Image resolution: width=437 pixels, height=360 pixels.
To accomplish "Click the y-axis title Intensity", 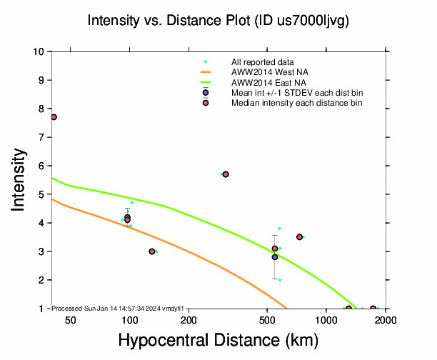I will click(20, 179).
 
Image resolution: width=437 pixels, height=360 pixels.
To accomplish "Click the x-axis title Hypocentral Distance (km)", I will click(218, 340).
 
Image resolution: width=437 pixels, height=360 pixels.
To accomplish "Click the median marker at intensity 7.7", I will click(54, 117).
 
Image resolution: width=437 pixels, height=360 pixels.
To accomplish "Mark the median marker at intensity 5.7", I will click(226, 174).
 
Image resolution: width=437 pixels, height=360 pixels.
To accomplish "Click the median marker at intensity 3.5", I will click(300, 237).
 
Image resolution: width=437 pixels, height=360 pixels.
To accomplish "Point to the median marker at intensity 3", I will click(152, 251).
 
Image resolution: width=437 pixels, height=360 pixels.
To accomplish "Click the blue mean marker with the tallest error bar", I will click(275, 257).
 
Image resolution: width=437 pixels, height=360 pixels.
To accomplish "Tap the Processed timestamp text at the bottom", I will click(118, 308).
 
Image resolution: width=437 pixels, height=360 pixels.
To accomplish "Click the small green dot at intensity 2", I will click(280, 280).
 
